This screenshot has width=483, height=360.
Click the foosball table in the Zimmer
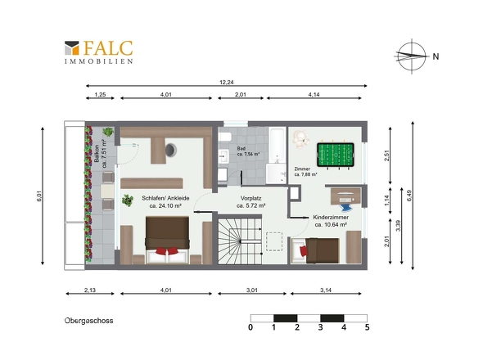pos(335,155)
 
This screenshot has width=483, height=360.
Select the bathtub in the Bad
pos(277,145)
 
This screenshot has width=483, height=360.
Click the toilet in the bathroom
pos(225,136)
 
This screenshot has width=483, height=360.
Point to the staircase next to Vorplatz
pos(240,241)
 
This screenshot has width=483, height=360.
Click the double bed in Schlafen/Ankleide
pos(167,240)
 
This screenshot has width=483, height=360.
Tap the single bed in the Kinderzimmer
pos(315,250)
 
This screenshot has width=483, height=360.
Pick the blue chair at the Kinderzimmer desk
pos(346,207)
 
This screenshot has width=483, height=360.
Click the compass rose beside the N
pos(412,56)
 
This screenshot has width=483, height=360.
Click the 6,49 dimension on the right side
pos(409,196)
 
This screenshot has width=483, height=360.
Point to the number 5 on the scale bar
pos(367,327)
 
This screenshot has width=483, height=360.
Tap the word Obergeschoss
pos(88,321)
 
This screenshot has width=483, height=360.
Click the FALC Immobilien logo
pos(98,52)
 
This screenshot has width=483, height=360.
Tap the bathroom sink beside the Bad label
pos(223,156)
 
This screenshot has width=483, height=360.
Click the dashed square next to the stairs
pos(274,241)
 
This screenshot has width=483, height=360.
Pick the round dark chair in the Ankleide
pos(170,150)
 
